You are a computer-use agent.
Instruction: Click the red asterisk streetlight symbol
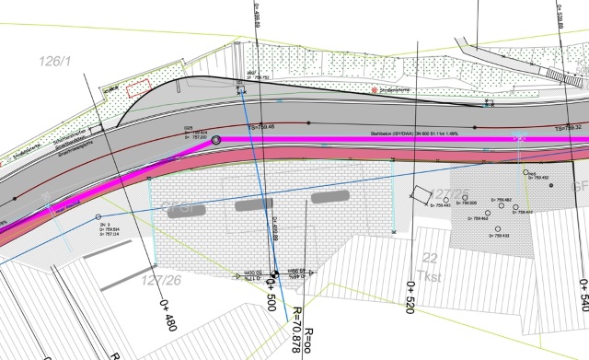[x=374, y=90]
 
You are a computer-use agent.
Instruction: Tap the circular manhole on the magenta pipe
[x=216, y=140]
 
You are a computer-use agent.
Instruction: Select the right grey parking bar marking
[x=332, y=197]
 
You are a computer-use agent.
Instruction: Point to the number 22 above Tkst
[x=428, y=258]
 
